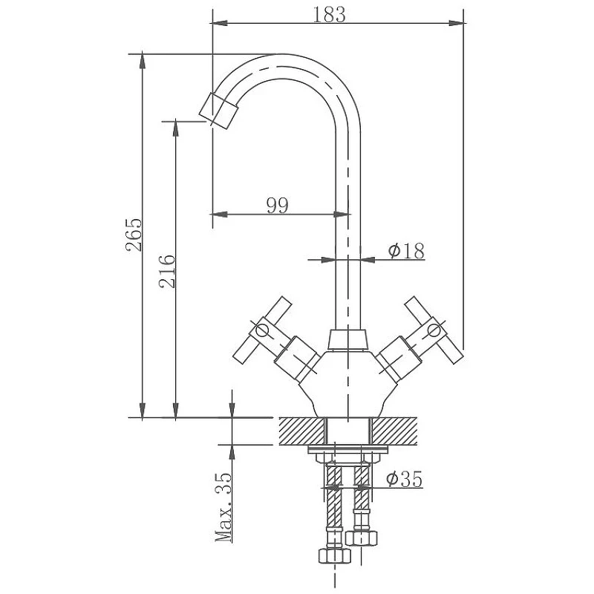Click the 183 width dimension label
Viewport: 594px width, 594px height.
pyautogui.click(x=329, y=15)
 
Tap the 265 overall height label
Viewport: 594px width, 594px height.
pyautogui.click(x=134, y=235)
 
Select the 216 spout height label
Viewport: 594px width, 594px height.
pyautogui.click(x=167, y=271)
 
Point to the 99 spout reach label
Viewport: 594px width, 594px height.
pyautogui.click(x=277, y=206)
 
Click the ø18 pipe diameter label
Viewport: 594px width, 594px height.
pyautogui.click(x=406, y=250)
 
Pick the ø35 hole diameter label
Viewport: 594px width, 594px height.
pyautogui.click(x=404, y=479)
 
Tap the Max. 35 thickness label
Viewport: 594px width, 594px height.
pyautogui.click(x=223, y=506)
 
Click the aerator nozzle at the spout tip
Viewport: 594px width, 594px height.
pyautogui.click(x=218, y=110)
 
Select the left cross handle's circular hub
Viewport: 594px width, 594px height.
pyautogui.click(x=262, y=330)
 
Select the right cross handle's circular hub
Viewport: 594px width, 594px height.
pyautogui.click(x=434, y=330)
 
